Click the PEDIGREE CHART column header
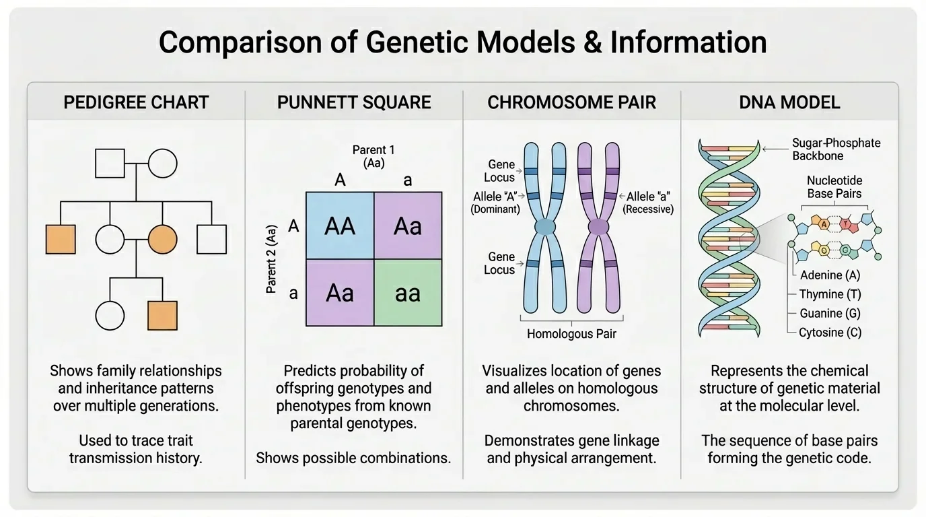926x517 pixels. pyautogui.click(x=136, y=102)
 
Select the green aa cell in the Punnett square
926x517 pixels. pyautogui.click(x=408, y=293)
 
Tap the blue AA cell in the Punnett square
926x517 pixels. pyautogui.click(x=340, y=226)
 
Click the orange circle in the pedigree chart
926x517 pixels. pyautogui.click(x=162, y=239)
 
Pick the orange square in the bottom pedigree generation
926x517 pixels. pyautogui.click(x=162, y=315)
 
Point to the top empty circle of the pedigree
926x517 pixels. pyautogui.click(x=162, y=163)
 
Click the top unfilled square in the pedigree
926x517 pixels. pyautogui.click(x=110, y=163)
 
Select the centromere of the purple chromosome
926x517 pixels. pyautogui.click(x=598, y=228)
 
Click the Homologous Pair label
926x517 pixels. pyautogui.click(x=571, y=333)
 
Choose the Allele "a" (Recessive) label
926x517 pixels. pyautogui.click(x=649, y=203)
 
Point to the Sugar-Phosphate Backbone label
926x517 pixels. pyautogui.click(x=836, y=149)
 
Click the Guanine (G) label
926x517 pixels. pyautogui.click(x=830, y=313)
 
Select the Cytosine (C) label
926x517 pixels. pyautogui.click(x=830, y=332)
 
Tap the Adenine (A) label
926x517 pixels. pyautogui.click(x=830, y=275)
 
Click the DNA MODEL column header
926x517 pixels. pyautogui.click(x=789, y=102)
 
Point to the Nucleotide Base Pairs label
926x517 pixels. pyautogui.click(x=834, y=186)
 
